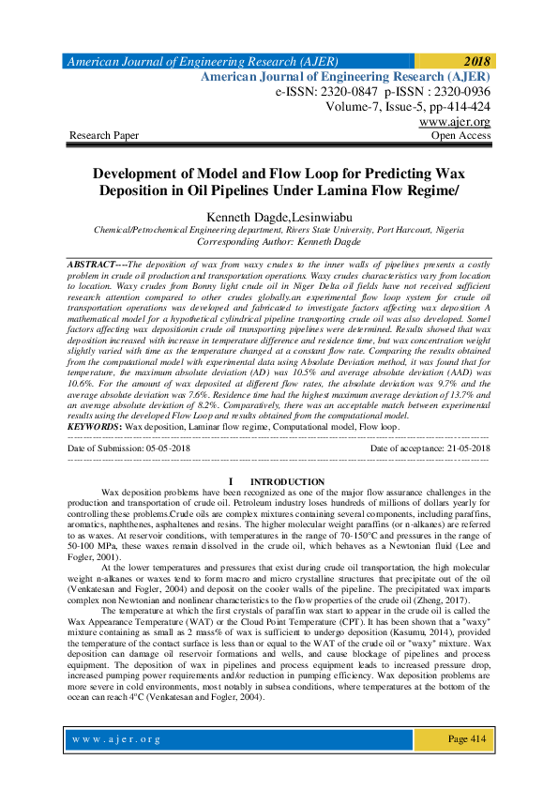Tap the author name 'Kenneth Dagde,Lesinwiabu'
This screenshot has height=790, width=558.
click(x=279, y=216)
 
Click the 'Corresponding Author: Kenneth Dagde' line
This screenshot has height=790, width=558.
click(x=279, y=241)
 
